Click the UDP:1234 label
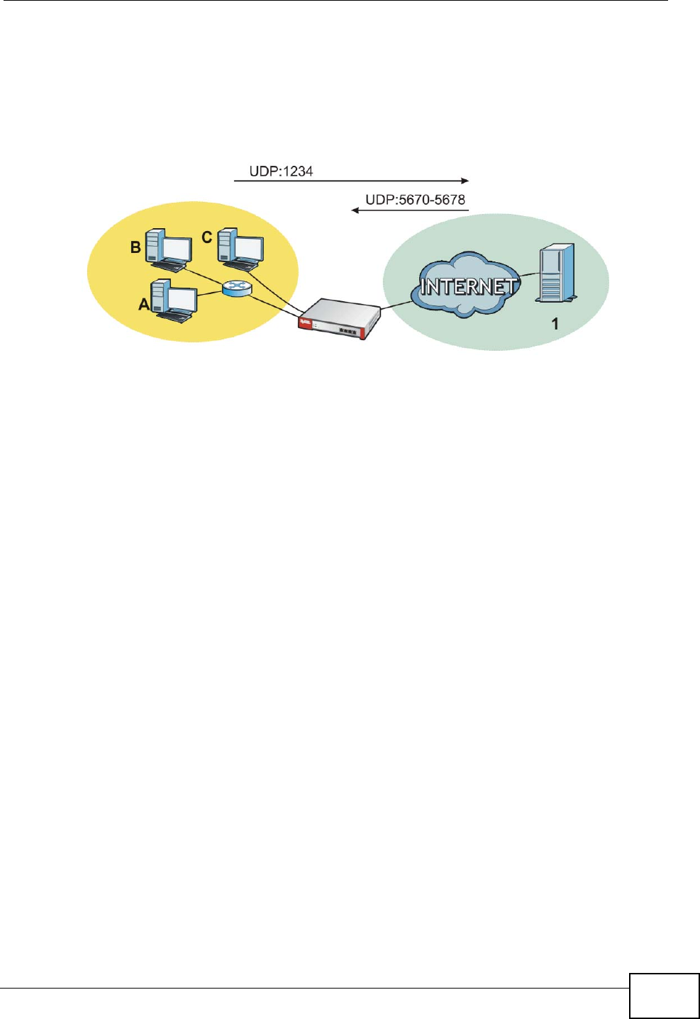281,171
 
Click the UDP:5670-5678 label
415,200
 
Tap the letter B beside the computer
135,247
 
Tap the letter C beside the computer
207,237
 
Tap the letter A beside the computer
144,304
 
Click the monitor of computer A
183,300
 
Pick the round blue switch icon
233,288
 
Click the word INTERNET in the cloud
468,286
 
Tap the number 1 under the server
555,324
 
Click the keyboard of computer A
174,317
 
